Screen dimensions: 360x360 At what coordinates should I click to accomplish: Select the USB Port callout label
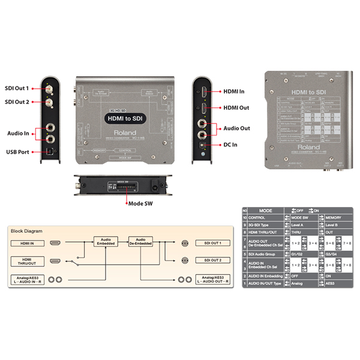tap(18, 152)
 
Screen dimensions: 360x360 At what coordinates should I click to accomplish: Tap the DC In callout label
tap(230, 144)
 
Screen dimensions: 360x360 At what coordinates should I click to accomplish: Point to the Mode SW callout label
tap(142, 203)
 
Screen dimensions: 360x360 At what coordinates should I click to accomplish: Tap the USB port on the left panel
tap(50, 152)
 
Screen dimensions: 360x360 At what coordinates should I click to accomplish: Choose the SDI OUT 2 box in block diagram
tap(213, 262)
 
